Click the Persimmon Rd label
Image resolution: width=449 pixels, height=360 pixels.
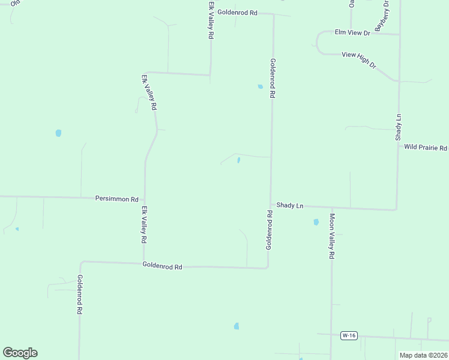pyautogui.click(x=117, y=199)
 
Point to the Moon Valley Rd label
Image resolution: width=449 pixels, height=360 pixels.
pyautogui.click(x=331, y=236)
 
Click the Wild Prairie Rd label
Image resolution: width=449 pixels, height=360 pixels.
pyautogui.click(x=426, y=147)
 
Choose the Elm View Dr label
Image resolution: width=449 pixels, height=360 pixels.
pyautogui.click(x=352, y=32)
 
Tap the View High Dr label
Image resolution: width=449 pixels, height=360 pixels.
pyautogui.click(x=358, y=60)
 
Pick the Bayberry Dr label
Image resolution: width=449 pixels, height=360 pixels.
pyautogui.click(x=382, y=16)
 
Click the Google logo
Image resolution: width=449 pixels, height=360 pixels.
pyautogui.click(x=20, y=353)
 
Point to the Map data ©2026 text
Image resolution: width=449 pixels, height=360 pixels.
pyautogui.click(x=423, y=355)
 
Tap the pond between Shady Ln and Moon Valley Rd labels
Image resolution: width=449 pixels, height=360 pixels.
pyautogui.click(x=316, y=222)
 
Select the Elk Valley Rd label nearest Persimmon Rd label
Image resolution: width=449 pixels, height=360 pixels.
pyautogui.click(x=144, y=224)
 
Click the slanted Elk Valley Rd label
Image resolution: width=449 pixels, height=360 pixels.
pyautogui.click(x=149, y=92)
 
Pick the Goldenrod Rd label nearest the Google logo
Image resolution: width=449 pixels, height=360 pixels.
pyautogui.click(x=79, y=295)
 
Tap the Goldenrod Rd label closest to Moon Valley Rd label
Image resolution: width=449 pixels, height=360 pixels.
pyautogui.click(x=270, y=230)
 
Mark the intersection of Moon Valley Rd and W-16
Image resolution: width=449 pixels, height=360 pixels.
pyautogui.click(x=331, y=335)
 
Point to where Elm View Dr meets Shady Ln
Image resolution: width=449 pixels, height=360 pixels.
pyautogui.click(x=399, y=34)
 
